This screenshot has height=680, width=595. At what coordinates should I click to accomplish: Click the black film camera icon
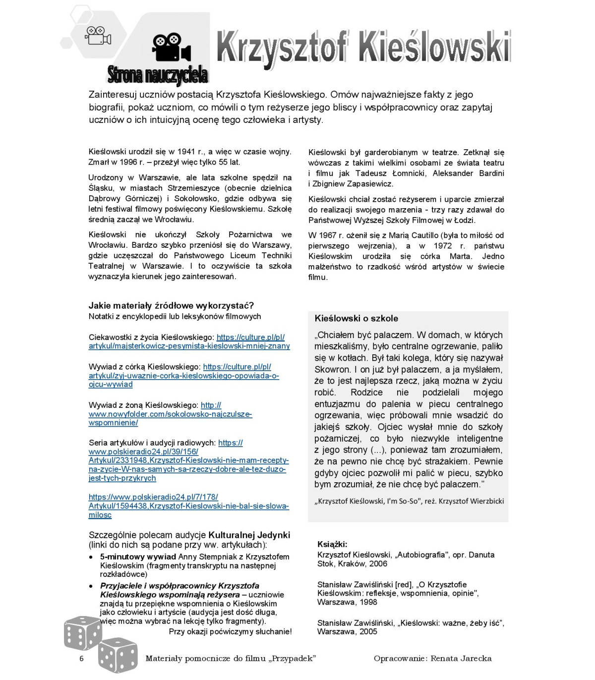[171, 48]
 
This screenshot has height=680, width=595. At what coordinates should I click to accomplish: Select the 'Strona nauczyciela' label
[158, 75]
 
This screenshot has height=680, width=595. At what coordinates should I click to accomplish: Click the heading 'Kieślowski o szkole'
[356, 318]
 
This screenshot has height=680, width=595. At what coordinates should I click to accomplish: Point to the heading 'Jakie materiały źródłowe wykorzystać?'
[171, 305]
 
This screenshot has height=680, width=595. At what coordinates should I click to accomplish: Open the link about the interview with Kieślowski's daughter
[183, 376]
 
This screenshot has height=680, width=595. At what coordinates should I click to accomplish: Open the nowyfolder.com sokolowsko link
[170, 414]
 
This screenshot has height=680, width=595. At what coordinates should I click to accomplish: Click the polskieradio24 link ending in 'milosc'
[188, 506]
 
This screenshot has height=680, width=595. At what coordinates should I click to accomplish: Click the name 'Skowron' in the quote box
[332, 369]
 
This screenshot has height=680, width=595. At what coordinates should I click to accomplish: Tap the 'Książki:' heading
[332, 544]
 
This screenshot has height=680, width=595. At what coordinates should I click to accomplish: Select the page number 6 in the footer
[82, 658]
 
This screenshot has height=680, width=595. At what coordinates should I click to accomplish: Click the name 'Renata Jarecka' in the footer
[461, 658]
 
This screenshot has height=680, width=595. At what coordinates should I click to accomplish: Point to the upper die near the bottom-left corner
[82, 633]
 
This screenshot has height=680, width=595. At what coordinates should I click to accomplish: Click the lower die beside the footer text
[118, 654]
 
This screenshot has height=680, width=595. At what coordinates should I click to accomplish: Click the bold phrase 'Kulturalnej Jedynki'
[249, 535]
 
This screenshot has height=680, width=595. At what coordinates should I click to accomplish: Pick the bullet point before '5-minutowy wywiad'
[91, 557]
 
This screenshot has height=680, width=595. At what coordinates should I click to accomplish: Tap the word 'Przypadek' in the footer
[293, 658]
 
